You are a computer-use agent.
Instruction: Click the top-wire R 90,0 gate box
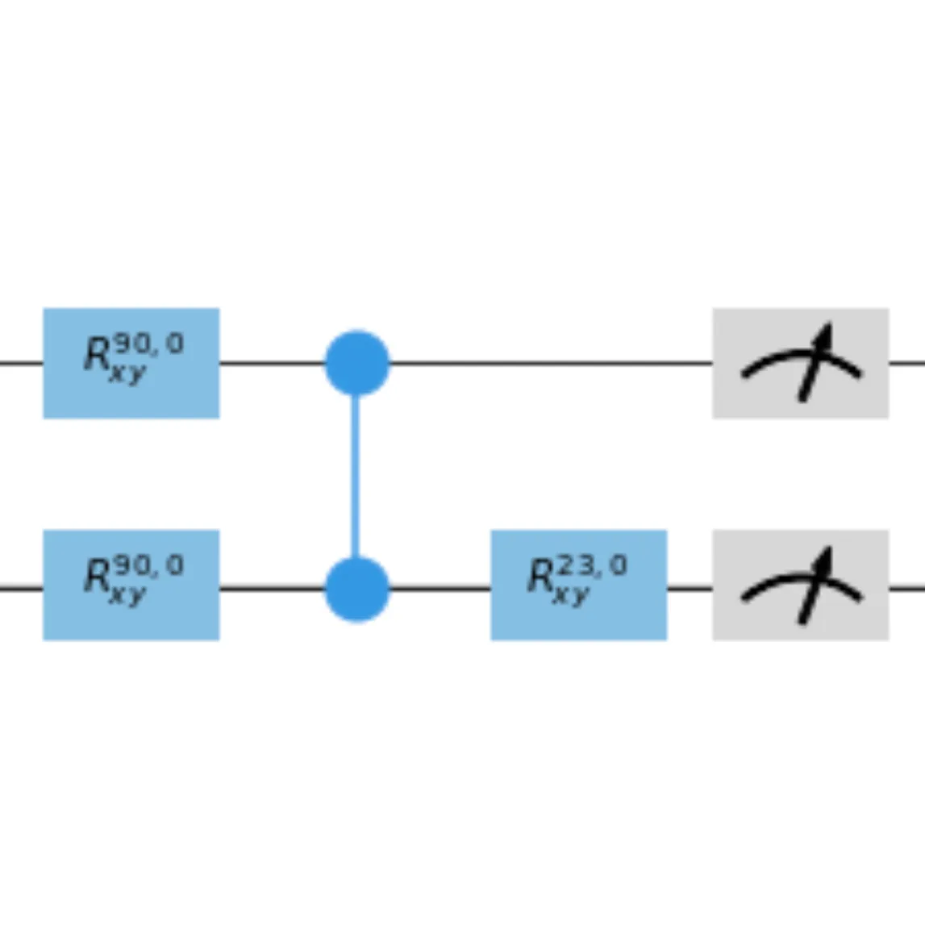(131, 363)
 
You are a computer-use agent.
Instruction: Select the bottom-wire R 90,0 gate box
(131, 585)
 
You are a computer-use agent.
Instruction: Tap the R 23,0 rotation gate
(578, 585)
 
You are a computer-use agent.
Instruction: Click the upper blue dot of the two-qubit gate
(357, 363)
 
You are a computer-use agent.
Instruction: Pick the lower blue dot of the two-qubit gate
(357, 589)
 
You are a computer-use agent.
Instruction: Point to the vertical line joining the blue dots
(355, 476)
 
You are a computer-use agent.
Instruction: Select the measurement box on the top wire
(800, 363)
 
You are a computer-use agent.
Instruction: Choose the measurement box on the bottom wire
(800, 585)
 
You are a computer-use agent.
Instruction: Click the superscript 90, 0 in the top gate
(148, 344)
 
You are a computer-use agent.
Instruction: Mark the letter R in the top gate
(98, 356)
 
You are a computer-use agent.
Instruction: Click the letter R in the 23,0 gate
(541, 577)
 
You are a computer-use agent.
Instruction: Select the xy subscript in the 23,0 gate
(573, 596)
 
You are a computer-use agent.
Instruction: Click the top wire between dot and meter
(548, 363)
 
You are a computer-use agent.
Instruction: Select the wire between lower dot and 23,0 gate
(440, 589)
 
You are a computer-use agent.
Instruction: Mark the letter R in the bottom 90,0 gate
(98, 577)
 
